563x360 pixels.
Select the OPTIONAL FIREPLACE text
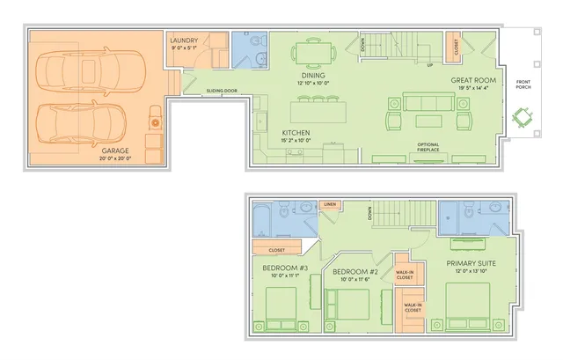428,147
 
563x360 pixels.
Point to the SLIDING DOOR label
221,91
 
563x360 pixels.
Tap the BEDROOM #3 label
285,268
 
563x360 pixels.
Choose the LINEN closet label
330,205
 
